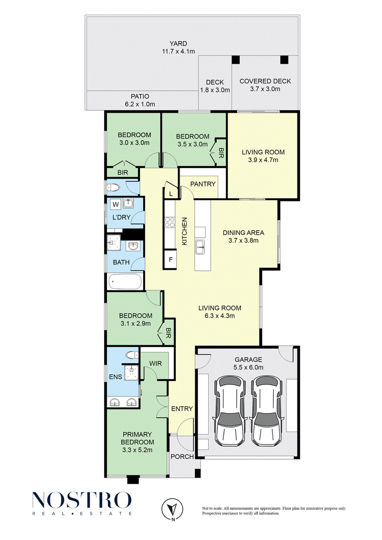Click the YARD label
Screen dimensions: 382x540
(x=178, y=43)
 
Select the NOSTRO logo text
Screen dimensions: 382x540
(x=82, y=500)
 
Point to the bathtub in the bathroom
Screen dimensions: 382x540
(x=125, y=282)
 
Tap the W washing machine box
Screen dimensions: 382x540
(x=116, y=204)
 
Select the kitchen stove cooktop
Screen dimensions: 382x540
(x=170, y=222)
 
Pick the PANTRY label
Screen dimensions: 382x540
(x=203, y=184)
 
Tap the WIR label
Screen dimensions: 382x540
(x=155, y=364)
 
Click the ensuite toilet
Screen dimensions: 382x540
(x=130, y=355)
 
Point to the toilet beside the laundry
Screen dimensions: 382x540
(x=113, y=188)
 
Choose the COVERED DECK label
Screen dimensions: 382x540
(x=265, y=81)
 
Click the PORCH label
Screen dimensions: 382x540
(x=182, y=456)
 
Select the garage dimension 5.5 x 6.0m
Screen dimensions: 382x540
(x=248, y=368)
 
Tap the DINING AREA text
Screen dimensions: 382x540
(x=244, y=233)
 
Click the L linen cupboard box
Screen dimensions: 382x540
(x=171, y=194)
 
